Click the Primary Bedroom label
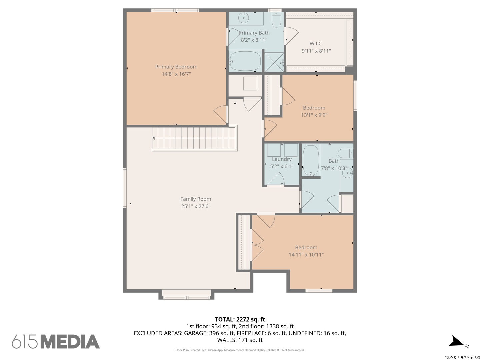[176, 67]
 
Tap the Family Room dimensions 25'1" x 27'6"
[195, 206]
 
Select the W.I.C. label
[316, 43]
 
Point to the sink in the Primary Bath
[243, 17]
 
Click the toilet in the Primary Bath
[276, 20]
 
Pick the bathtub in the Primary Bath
[245, 61]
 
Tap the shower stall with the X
[274, 62]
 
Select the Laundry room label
[282, 159]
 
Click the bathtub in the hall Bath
[311, 160]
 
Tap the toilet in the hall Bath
[345, 153]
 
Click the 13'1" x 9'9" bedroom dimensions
[314, 115]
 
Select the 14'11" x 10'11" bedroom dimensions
[306, 254]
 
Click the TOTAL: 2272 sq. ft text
[240, 319]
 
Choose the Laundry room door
[275, 179]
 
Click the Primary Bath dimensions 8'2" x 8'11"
[254, 40]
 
